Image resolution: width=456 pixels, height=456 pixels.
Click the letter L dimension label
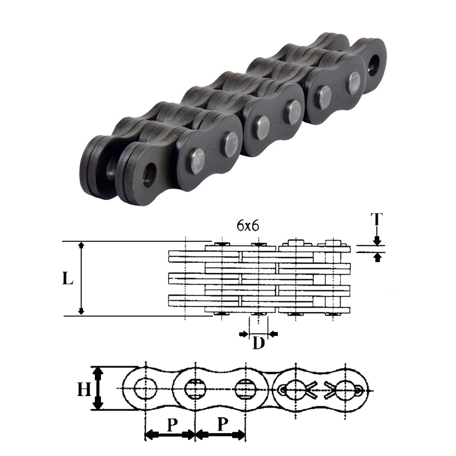(67, 279)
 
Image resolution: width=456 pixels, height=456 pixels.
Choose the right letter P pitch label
(222, 425)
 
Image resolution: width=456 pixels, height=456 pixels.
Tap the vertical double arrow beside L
(81, 279)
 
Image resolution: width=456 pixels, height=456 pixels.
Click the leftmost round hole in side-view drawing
(146, 389)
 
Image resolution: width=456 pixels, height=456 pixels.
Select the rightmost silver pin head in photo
(354, 81)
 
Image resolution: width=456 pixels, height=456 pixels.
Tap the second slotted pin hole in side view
(196, 389)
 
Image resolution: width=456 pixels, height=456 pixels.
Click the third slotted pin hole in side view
(246, 389)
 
